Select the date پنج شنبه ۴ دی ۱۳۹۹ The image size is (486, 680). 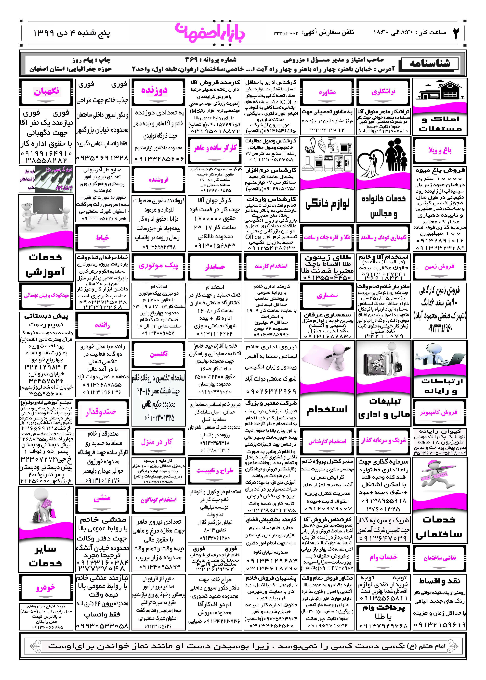tap(72, 33)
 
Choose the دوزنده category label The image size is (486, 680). tap(154, 90)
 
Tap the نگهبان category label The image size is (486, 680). tap(46, 91)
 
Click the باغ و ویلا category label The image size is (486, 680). tap(439, 150)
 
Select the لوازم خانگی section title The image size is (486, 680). tap(327, 204)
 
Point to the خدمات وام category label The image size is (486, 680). tap(383, 557)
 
